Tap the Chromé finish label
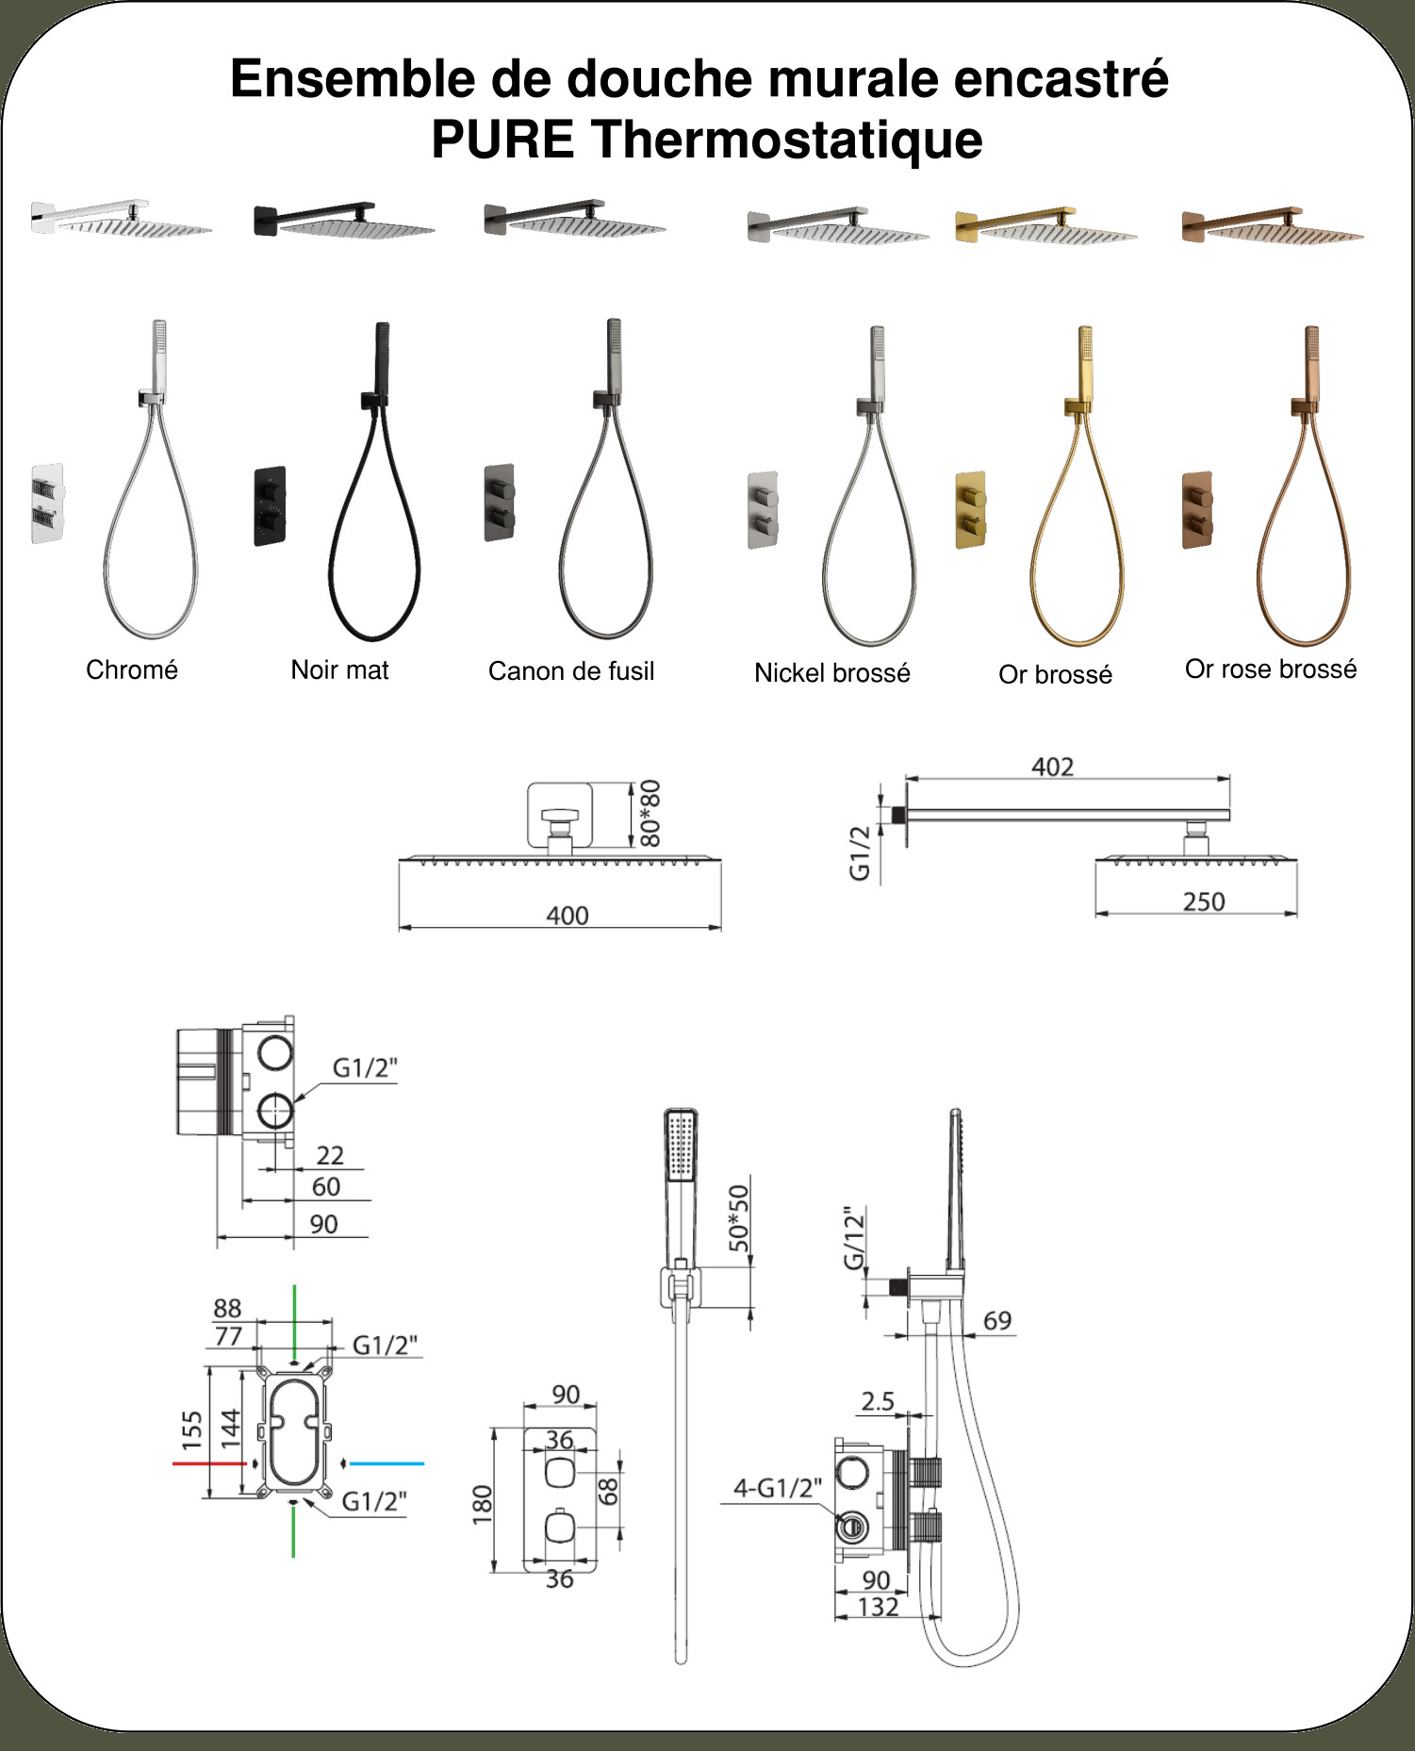[132, 669]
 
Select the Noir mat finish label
[339, 669]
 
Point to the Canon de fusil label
[571, 670]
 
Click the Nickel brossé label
[832, 672]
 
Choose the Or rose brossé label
[1271, 669]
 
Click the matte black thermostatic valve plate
[270, 506]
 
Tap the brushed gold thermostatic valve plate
[971, 510]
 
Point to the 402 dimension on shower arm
[1052, 767]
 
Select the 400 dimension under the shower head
[568, 916]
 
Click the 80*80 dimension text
[650, 813]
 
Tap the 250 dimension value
[1204, 901]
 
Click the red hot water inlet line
[209, 1463]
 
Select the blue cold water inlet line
[387, 1463]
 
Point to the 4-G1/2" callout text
[778, 1488]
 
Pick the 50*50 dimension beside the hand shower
[739, 1218]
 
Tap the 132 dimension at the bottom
[879, 1607]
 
